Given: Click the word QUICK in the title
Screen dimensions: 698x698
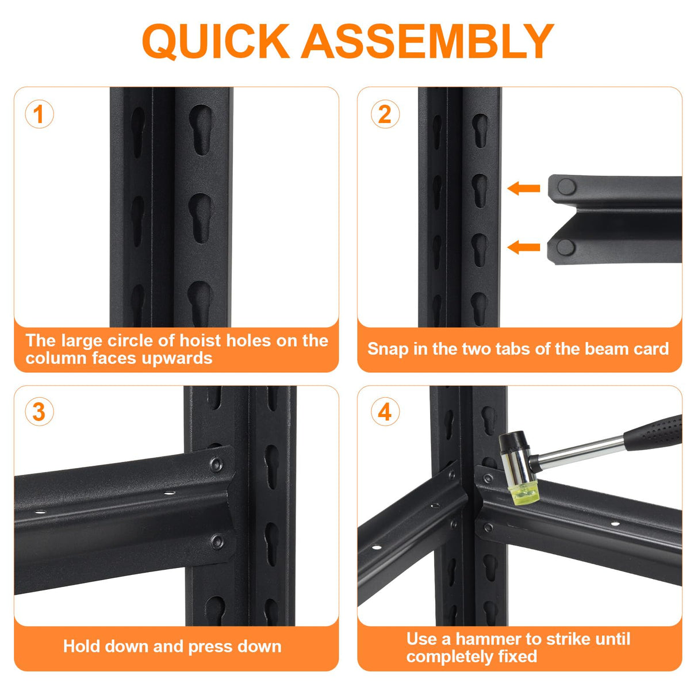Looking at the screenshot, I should pyautogui.click(x=216, y=41).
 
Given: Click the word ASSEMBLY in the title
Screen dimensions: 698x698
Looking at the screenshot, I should pyautogui.click(x=428, y=41).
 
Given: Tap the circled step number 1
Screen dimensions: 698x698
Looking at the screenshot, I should pyautogui.click(x=39, y=114).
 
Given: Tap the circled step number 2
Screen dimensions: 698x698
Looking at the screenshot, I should pyautogui.click(x=385, y=114).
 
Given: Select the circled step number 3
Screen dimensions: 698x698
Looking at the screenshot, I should pyautogui.click(x=39, y=412).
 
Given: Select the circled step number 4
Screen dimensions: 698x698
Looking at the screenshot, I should pyautogui.click(x=385, y=412).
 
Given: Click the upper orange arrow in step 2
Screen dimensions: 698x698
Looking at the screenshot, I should pyautogui.click(x=524, y=188).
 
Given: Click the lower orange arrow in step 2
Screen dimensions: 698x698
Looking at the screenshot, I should pyautogui.click(x=524, y=247).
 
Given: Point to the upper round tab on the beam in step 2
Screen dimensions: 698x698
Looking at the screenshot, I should pyautogui.click(x=566, y=186).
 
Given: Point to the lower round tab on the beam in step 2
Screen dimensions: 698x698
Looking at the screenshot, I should pyautogui.click(x=566, y=247).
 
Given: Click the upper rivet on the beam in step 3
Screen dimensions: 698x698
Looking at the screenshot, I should pyautogui.click(x=217, y=463).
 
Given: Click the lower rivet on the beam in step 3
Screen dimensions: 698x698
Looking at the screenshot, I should pyautogui.click(x=217, y=540).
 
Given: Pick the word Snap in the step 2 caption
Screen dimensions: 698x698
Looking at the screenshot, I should pyautogui.click(x=388, y=349).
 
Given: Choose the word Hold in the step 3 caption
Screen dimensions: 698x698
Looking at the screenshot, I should pyautogui.click(x=81, y=646).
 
